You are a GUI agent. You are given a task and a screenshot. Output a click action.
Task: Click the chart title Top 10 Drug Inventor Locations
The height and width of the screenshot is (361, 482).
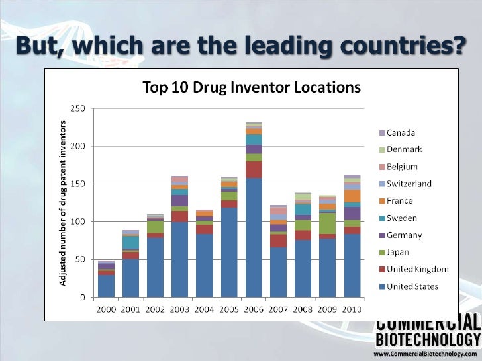pos(252,87)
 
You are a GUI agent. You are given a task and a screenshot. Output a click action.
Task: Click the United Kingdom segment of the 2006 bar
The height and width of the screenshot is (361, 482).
pos(254,169)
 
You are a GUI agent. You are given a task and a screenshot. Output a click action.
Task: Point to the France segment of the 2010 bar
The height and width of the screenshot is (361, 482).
pos(352,196)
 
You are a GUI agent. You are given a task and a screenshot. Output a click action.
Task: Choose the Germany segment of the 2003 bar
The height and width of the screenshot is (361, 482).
pos(179,200)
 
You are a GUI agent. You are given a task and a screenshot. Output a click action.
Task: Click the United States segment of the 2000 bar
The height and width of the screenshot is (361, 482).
pos(106,286)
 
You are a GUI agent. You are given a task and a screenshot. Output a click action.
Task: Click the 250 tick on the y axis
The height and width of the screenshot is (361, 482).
pos(77,108)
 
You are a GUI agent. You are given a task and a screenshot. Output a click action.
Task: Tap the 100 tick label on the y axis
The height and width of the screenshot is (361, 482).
pos(77,221)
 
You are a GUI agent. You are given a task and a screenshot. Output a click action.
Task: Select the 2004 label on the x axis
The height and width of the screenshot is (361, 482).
pos(204,308)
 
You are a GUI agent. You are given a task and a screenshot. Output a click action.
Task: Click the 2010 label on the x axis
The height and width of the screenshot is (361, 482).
pos(352,308)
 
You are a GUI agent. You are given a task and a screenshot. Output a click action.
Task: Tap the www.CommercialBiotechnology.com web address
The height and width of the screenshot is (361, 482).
pos(426,355)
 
